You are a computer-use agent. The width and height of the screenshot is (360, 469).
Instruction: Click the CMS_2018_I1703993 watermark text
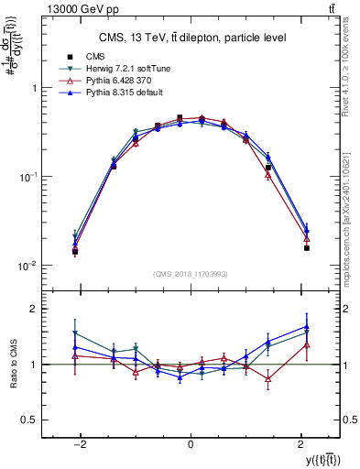pos(190,273)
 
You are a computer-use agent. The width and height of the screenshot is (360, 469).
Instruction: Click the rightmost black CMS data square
pos(307,247)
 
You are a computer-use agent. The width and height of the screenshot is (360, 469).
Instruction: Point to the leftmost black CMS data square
pos(75,251)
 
